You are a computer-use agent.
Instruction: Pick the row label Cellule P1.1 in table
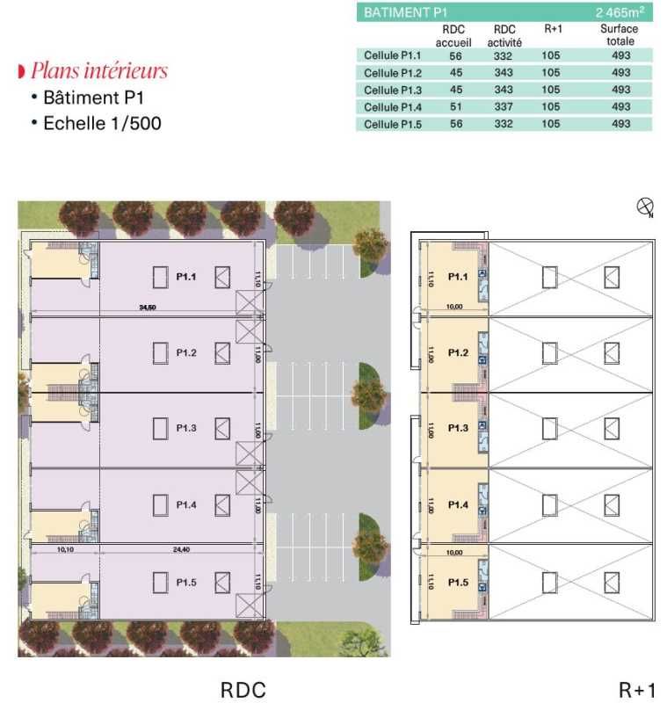click(393, 55)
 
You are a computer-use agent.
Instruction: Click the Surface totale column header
click(620, 35)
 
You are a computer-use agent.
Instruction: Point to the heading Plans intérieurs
click(98, 71)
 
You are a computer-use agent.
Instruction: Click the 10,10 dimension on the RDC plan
click(64, 548)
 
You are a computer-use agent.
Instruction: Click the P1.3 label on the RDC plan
click(185, 428)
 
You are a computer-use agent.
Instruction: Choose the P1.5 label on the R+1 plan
click(457, 582)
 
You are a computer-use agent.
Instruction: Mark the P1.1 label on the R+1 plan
click(457, 277)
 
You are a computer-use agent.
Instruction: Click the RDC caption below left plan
click(243, 690)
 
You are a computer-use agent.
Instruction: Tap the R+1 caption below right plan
click(637, 690)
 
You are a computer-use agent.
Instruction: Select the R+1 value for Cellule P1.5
click(551, 124)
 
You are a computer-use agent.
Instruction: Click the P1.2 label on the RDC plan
click(185, 352)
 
